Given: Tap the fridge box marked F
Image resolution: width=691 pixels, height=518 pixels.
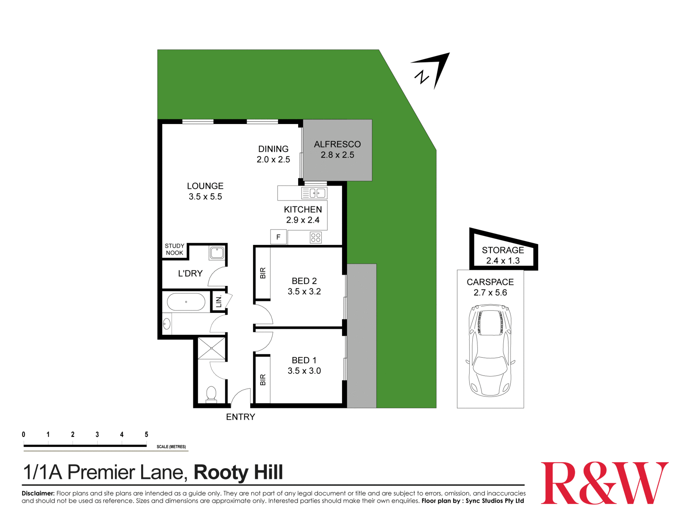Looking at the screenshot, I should [x=278, y=237].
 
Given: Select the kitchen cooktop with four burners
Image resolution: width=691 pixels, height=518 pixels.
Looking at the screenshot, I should [x=315, y=237].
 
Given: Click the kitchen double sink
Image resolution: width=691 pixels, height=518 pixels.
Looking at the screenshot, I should [x=317, y=193].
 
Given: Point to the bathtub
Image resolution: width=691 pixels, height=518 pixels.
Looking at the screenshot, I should [x=186, y=302].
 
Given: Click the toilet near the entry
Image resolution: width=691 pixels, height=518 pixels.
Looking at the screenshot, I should [x=211, y=394].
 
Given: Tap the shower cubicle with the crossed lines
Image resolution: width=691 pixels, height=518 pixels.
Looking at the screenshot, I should [x=211, y=348].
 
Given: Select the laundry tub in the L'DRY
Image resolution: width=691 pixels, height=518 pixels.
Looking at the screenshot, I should [x=217, y=253].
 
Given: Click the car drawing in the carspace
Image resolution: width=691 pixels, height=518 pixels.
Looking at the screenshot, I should [x=490, y=350].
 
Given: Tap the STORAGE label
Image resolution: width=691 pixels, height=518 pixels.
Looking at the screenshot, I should [x=503, y=250].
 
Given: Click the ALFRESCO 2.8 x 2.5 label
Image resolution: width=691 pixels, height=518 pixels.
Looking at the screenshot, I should [x=337, y=150].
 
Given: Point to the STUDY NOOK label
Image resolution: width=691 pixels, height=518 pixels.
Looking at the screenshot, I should [x=174, y=249].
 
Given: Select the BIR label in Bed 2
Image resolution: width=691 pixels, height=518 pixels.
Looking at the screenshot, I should [x=263, y=273].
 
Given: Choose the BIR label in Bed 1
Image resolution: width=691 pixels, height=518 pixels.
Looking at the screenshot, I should [x=263, y=380].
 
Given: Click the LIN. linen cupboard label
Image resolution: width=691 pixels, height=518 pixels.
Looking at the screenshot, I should [x=219, y=301].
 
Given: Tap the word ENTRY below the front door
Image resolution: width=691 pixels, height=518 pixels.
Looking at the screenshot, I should [x=240, y=417].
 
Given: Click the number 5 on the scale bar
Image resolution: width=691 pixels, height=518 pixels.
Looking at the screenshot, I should [x=146, y=434].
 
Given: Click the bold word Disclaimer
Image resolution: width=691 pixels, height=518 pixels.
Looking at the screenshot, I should [x=38, y=493].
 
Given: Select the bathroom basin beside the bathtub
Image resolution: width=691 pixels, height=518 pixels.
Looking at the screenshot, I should [x=167, y=324].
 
